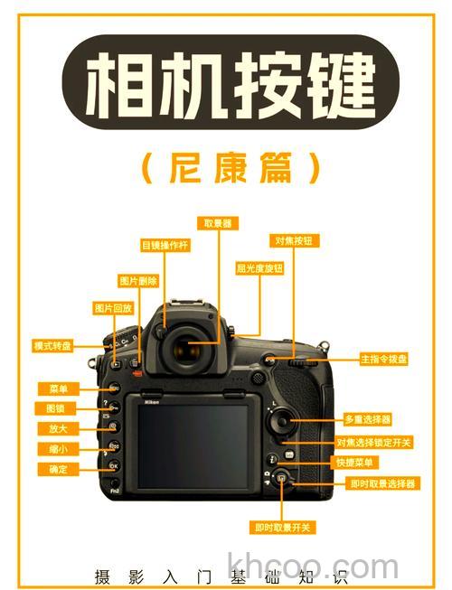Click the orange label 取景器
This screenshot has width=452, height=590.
(x=218, y=222)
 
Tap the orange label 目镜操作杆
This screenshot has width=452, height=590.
(x=164, y=244)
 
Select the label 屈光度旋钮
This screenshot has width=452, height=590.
(x=259, y=268)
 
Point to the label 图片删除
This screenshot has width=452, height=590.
(x=139, y=281)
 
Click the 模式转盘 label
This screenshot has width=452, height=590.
(x=52, y=345)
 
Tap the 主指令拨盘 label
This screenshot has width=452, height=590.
(x=384, y=359)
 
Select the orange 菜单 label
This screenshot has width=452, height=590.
(x=58, y=389)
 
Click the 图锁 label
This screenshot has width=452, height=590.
(x=58, y=408)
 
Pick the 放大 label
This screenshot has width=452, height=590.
(x=58, y=428)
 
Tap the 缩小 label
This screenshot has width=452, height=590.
(x=58, y=449)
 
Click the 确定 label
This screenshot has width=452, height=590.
(x=58, y=469)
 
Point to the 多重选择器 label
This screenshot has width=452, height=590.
(x=368, y=419)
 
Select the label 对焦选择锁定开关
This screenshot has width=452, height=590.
(x=373, y=442)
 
